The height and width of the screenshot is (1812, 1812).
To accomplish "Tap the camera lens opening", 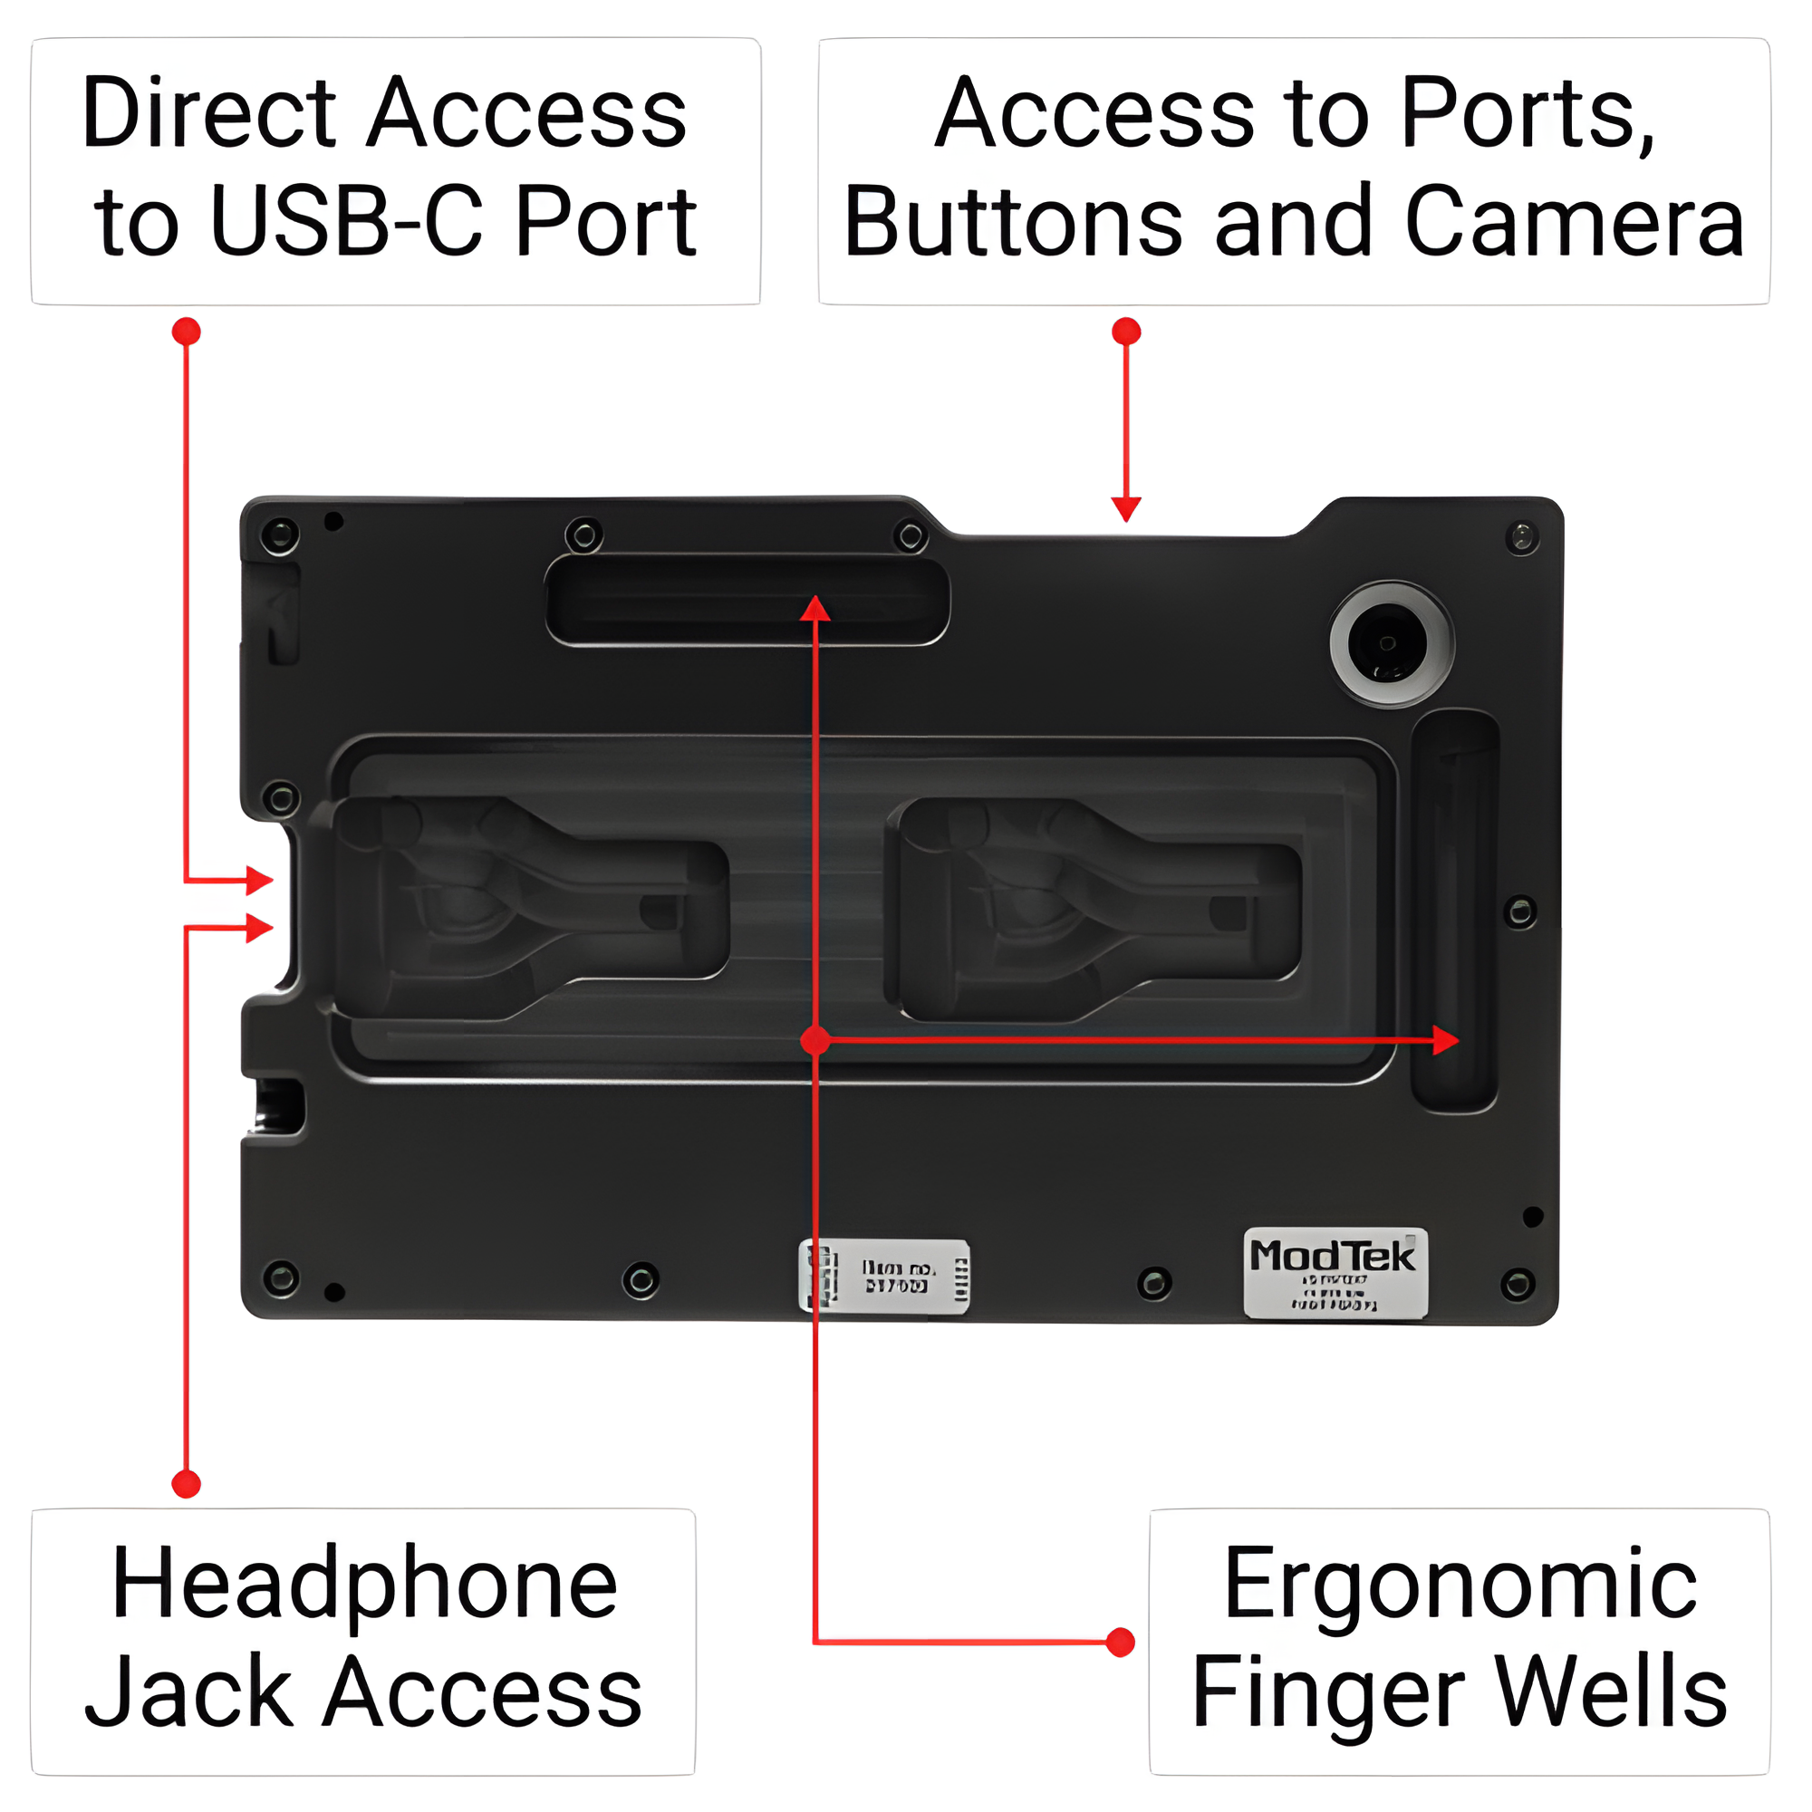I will pos(1386,643).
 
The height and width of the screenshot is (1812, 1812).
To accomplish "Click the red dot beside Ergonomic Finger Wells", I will pos(1120,1643).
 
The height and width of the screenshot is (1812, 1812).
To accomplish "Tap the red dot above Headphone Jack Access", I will pos(187,1484).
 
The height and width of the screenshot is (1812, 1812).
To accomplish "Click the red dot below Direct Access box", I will pos(187,331).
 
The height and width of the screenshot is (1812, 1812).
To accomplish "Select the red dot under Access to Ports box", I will pos(1125,331).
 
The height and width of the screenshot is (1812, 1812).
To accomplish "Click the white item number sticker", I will pos(884,1276).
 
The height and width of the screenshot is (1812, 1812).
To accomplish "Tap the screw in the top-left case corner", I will pos(279,536).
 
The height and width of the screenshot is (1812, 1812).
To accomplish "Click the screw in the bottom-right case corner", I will pos(1517,1284).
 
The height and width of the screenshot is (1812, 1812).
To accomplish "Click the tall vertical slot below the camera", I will pos(1454,910).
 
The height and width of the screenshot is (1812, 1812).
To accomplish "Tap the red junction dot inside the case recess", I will pos(815,1040).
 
